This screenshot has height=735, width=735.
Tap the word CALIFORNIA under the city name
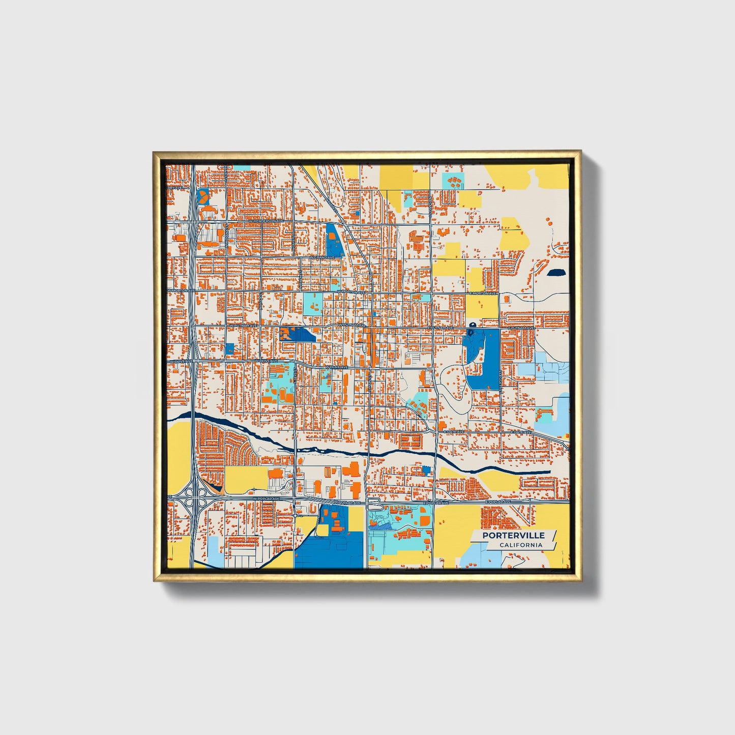(520, 545)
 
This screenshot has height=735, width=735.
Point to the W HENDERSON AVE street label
(266, 222)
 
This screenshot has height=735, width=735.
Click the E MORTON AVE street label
(482, 293)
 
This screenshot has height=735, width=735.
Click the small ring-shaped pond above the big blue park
(473, 325)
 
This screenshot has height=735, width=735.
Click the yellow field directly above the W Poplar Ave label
(246, 480)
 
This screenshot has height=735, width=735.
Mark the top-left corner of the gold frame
(154, 152)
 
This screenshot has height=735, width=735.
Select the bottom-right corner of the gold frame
(581, 580)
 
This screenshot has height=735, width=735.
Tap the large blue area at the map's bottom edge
(330, 552)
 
